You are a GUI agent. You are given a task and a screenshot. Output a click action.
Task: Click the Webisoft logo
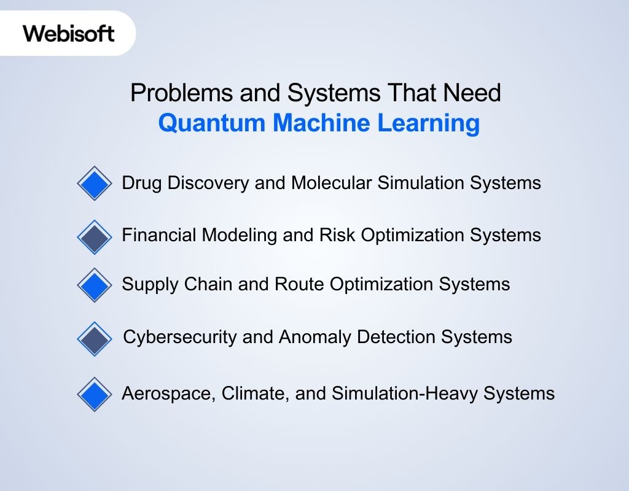pyautogui.click(x=69, y=33)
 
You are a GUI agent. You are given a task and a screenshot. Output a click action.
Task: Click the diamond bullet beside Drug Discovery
pyautogui.click(x=95, y=184)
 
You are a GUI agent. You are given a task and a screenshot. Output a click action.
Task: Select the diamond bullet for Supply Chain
pyautogui.click(x=95, y=285)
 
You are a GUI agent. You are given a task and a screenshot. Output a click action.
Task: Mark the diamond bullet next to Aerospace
pyautogui.click(x=95, y=393)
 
